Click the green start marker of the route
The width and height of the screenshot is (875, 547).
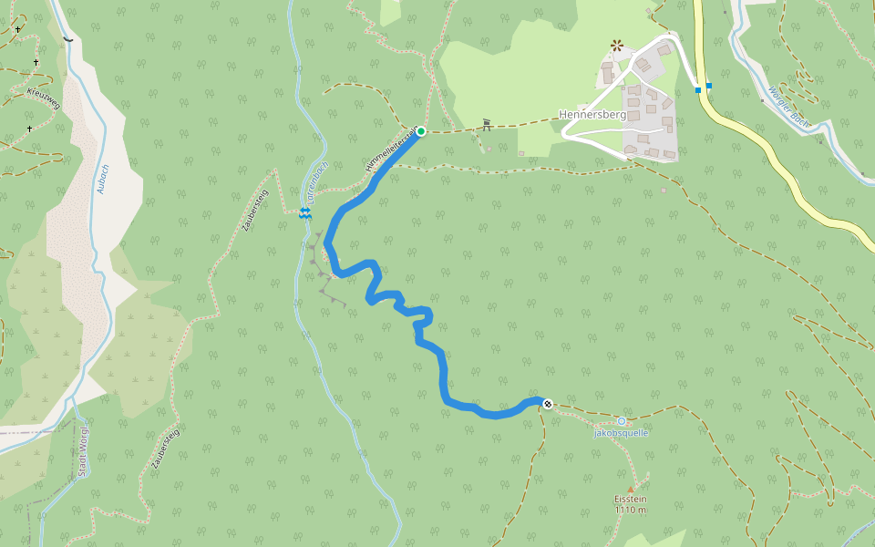(x=421, y=131)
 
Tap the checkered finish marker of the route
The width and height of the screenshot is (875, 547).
(x=547, y=404)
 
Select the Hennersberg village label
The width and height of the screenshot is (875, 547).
(x=592, y=115)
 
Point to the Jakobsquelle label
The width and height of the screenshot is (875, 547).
(x=621, y=433)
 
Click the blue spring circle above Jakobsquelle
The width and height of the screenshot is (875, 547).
(x=622, y=420)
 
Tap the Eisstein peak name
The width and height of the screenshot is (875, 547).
(x=630, y=500)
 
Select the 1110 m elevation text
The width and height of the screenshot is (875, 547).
(x=630, y=510)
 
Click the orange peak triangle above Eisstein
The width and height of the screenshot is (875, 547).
(x=630, y=489)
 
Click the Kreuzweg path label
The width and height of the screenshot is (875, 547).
(x=44, y=99)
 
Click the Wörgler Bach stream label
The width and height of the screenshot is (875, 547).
(x=789, y=105)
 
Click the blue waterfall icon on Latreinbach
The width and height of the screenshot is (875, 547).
(x=304, y=212)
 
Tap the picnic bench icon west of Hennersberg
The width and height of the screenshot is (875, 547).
(x=487, y=124)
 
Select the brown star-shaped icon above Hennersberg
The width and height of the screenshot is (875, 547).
(x=617, y=44)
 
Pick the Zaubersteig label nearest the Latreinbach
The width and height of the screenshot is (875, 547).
(x=255, y=211)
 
